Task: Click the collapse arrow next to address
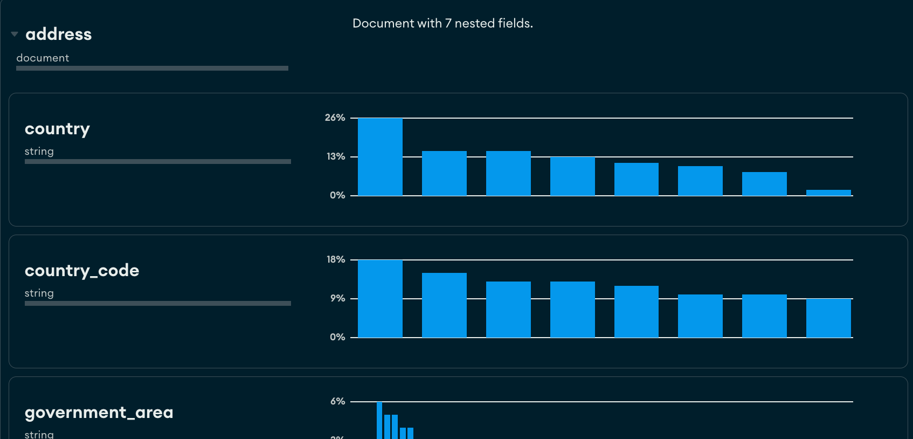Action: (15, 34)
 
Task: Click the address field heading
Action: (59, 34)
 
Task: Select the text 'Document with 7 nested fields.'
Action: (442, 23)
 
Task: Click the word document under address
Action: (43, 58)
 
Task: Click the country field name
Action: (57, 129)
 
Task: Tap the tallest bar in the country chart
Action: (380, 157)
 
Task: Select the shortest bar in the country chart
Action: (828, 193)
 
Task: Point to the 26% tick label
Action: (335, 118)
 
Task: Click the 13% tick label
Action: (336, 156)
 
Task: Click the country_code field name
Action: (82, 270)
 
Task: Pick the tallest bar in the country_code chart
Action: (380, 299)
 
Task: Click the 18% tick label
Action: (336, 259)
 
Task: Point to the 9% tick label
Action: (337, 298)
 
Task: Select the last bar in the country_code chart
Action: (828, 318)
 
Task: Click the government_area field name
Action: (99, 413)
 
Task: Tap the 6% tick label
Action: (337, 401)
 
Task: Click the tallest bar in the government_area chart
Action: (379, 421)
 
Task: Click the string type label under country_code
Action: (39, 293)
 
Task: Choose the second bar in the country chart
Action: (444, 173)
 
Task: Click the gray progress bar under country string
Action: (158, 161)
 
